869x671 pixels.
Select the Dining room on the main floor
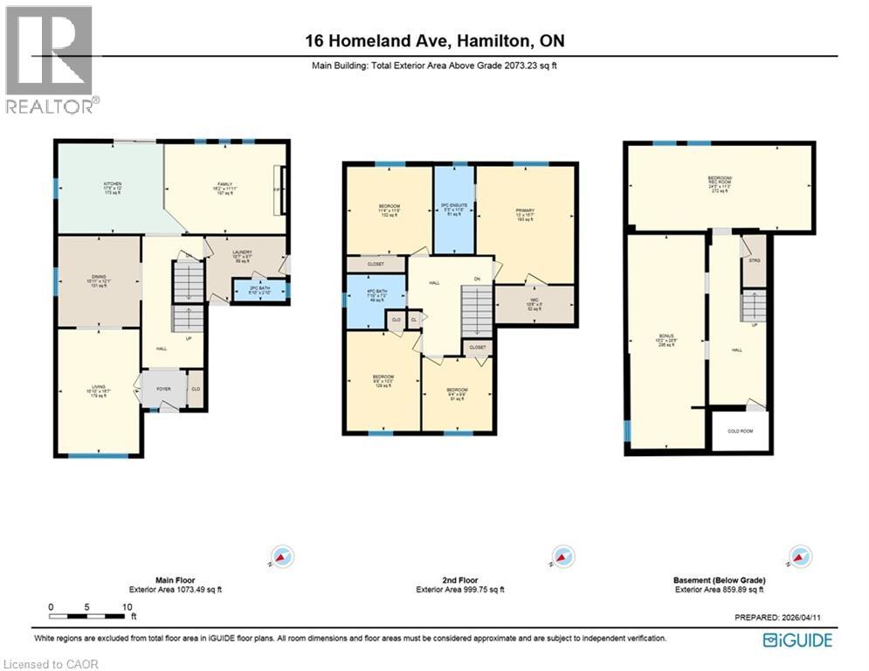click(x=98, y=280)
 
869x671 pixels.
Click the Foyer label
click(x=164, y=389)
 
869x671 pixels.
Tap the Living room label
click(x=98, y=391)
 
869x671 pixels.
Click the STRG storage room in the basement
click(x=753, y=260)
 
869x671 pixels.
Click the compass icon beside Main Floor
click(x=283, y=557)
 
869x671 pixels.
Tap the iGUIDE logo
click(x=797, y=640)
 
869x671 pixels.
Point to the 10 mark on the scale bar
click(x=128, y=606)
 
